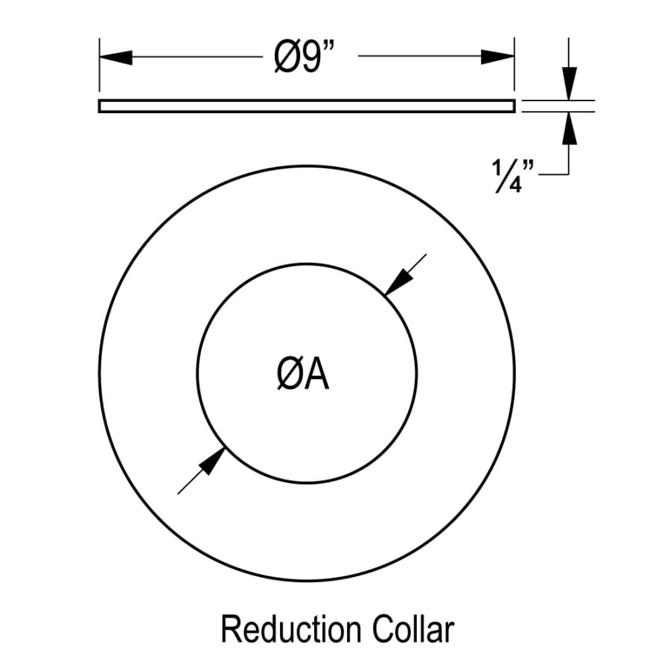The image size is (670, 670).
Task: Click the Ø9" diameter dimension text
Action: pos(306,57)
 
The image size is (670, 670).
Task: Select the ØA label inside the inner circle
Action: pos(301,376)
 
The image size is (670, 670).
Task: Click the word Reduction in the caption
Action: pos(286,630)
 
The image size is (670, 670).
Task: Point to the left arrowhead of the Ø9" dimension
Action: pos(115,57)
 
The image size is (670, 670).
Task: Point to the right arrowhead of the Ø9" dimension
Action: pos(497,57)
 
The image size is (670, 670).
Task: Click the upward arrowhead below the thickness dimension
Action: pos(569,129)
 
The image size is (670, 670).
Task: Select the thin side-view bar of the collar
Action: pos(306,106)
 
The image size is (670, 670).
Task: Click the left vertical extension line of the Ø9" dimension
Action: pos(99,67)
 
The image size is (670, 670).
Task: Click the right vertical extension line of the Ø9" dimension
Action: pos(514,67)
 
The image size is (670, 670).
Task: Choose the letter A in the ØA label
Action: pos(316,376)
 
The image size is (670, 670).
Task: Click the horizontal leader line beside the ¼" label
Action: pos(554,174)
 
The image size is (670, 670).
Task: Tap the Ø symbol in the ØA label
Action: pos(287,376)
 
